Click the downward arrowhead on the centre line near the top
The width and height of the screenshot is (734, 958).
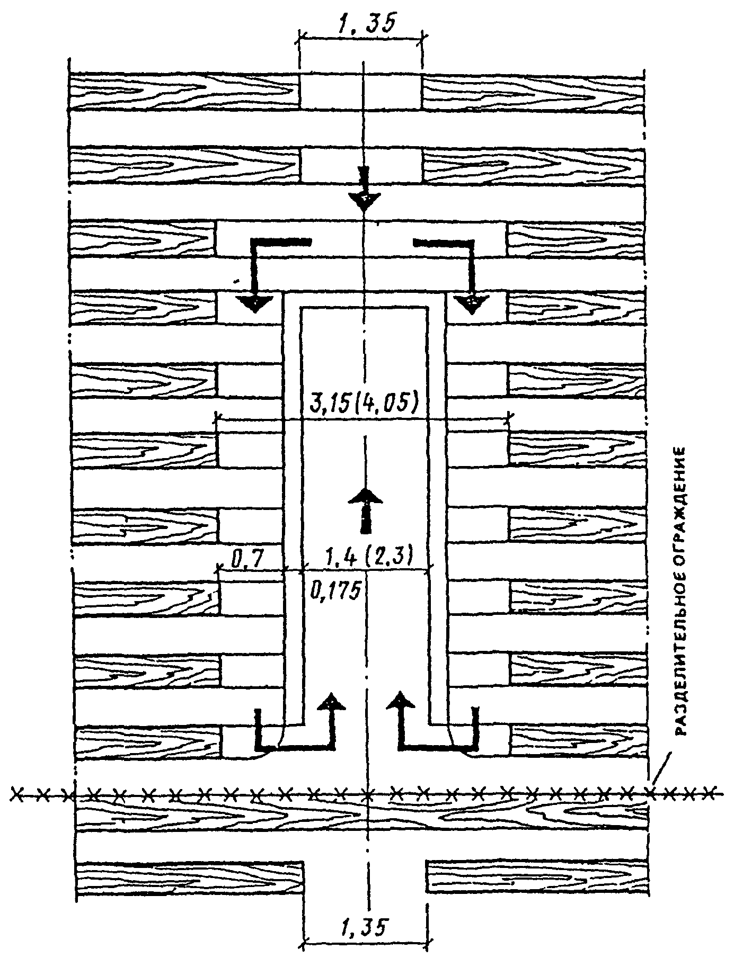364,201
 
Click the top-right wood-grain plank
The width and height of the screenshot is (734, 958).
533,91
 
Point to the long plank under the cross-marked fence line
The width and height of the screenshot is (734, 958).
363,813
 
